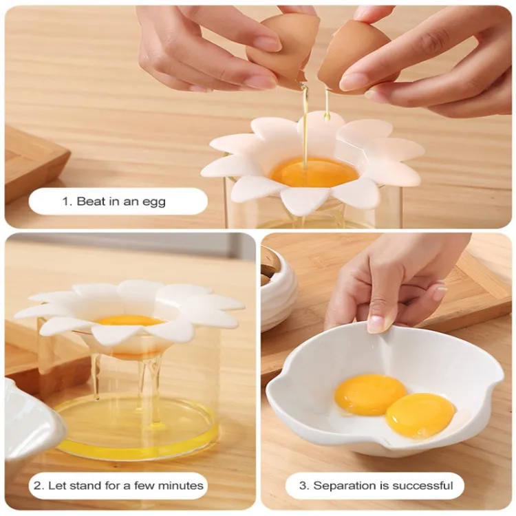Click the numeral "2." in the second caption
tap(39, 486)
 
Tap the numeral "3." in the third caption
tap(305, 486)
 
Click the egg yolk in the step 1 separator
tap(314, 172)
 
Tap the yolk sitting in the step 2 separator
tap(130, 321)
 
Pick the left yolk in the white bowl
tap(370, 395)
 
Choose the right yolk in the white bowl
tap(420, 416)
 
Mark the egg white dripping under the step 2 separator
tap(144, 382)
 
